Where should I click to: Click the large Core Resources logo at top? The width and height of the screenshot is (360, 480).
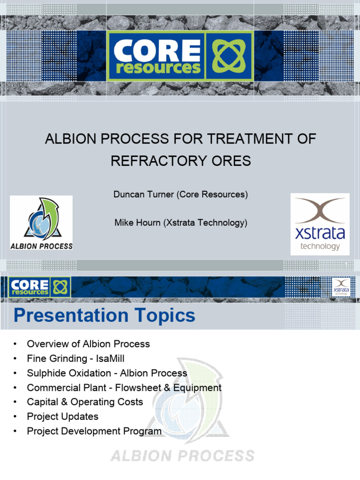180,55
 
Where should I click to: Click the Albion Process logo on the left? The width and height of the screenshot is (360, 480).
41,223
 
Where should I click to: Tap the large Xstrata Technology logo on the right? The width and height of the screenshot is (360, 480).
320,224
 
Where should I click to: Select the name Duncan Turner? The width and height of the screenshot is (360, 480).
144,194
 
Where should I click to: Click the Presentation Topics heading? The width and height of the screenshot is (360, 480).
104,315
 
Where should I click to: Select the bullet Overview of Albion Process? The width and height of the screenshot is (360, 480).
88,344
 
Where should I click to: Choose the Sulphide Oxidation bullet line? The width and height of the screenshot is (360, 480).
107,373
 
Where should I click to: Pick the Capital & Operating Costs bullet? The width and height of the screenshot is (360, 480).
85,402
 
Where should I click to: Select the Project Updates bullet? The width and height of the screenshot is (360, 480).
62,417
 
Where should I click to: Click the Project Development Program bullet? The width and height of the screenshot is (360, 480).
94,431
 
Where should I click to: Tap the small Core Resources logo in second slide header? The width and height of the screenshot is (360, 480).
39,286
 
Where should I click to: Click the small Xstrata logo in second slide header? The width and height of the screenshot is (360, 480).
341,286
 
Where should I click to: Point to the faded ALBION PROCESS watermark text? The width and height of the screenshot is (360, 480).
182,455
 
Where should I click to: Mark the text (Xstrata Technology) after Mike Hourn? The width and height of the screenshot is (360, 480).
205,223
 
